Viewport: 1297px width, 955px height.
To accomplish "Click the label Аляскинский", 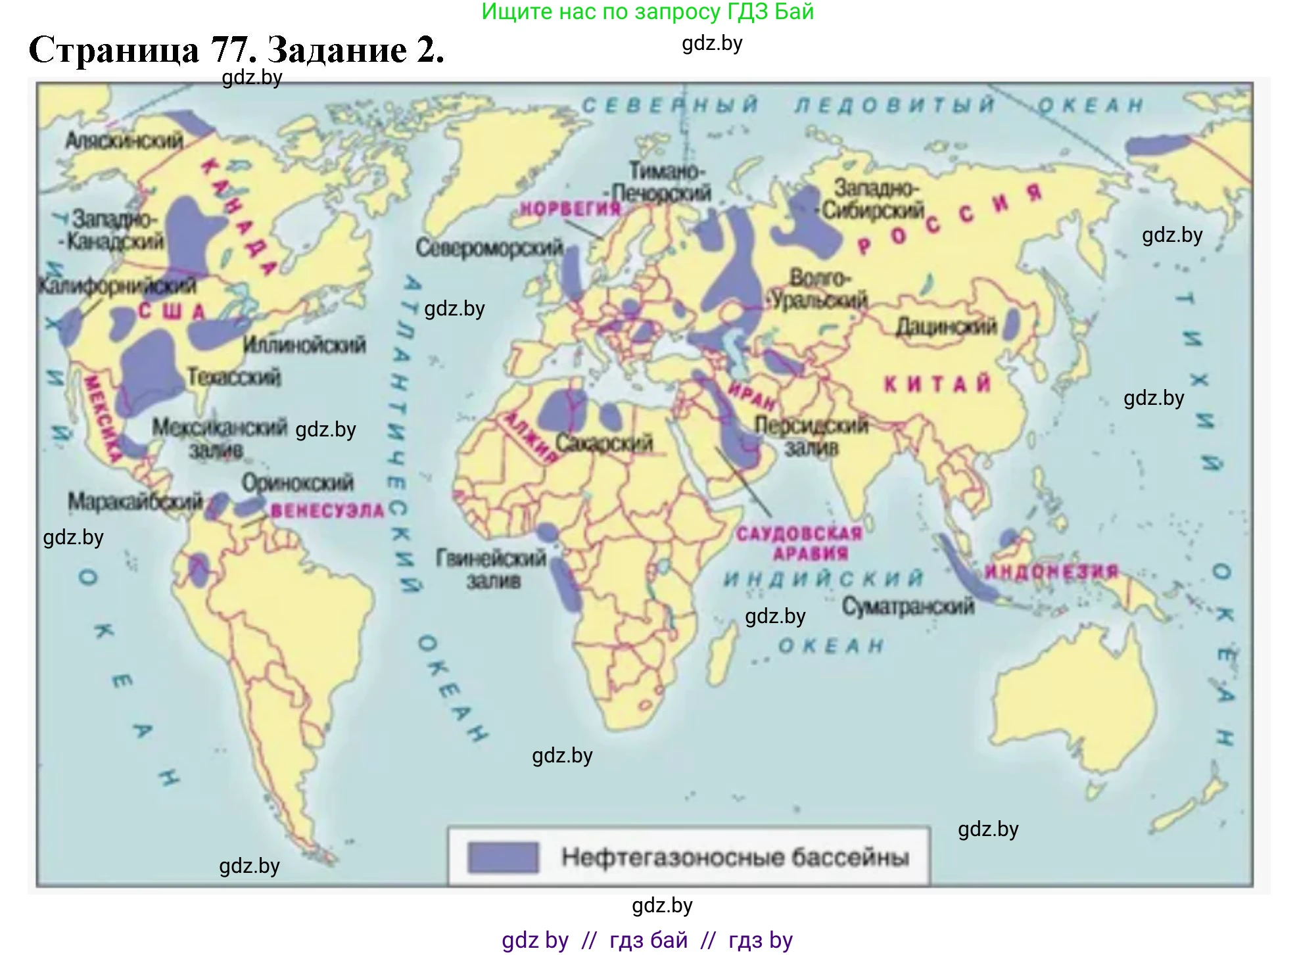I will point(124,140).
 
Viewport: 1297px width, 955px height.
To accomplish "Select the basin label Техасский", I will point(234,377).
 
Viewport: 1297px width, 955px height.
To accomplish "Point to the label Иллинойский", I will point(304,344).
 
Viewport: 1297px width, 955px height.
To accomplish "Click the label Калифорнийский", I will point(117,286).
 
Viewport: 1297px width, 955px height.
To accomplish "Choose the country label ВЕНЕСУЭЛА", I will point(327,511).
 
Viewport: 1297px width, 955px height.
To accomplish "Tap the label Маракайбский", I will point(135,502).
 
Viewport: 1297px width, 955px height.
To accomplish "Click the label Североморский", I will point(489,248).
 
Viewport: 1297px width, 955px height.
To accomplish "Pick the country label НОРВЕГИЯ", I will point(570,209).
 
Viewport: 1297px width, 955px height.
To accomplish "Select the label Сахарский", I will point(604,443).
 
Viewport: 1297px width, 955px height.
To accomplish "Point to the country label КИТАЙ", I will point(937,384).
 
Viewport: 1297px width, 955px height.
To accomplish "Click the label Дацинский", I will point(946,327).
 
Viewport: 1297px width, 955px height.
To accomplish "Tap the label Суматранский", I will point(908,606).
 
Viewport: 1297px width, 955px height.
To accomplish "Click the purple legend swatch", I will point(503,857).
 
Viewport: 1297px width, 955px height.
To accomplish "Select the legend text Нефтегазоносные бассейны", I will point(735,857).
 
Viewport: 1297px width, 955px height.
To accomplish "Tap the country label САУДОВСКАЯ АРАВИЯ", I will point(798,544).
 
